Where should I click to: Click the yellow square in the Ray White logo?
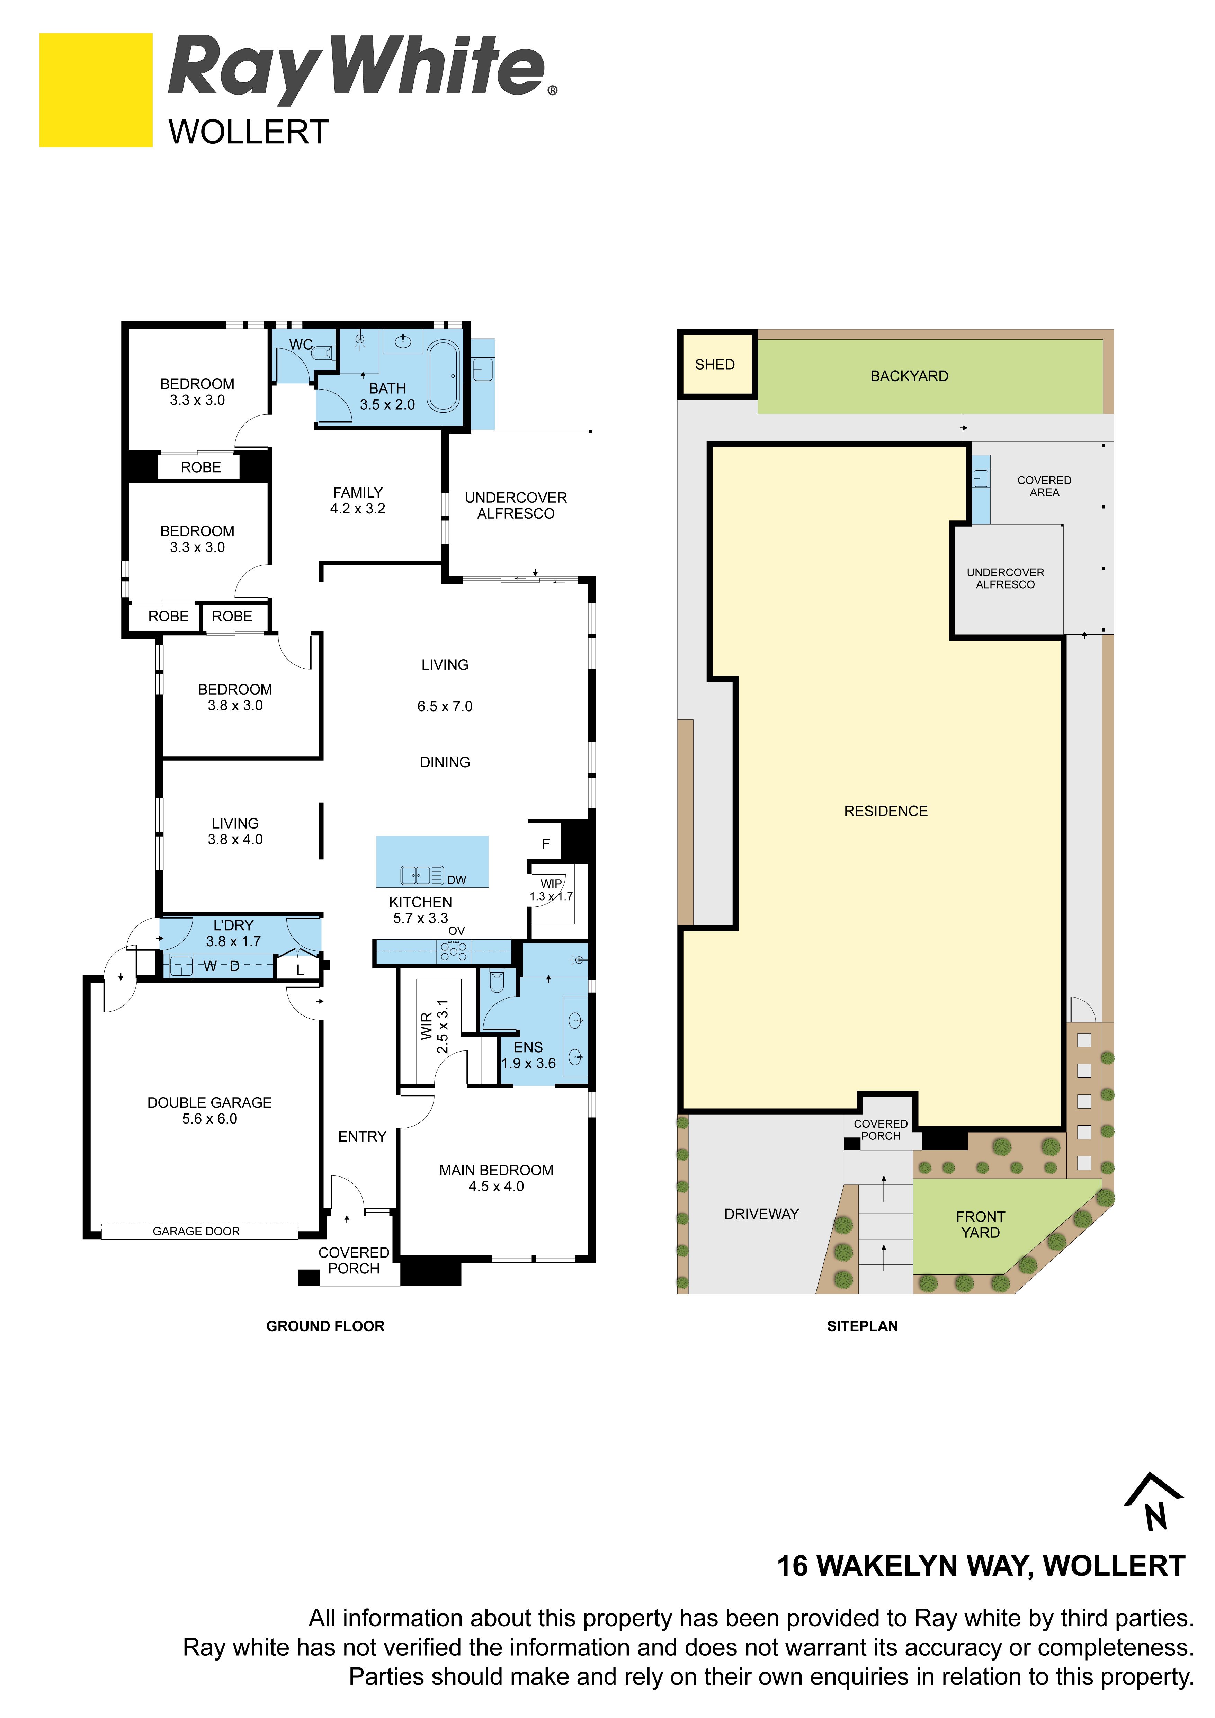click(x=96, y=90)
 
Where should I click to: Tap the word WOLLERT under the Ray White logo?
click(x=248, y=133)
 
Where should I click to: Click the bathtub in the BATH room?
click(x=444, y=376)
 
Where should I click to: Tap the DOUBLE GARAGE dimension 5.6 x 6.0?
click(x=209, y=1119)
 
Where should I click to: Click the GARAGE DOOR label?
click(x=196, y=1231)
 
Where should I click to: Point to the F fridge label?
click(x=546, y=844)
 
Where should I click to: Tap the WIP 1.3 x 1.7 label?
click(x=551, y=890)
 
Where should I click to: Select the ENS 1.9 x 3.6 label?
click(x=528, y=1055)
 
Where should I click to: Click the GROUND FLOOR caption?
click(x=325, y=1326)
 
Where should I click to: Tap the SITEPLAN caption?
click(x=863, y=1326)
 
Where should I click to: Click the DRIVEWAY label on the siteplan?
click(x=762, y=1214)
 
